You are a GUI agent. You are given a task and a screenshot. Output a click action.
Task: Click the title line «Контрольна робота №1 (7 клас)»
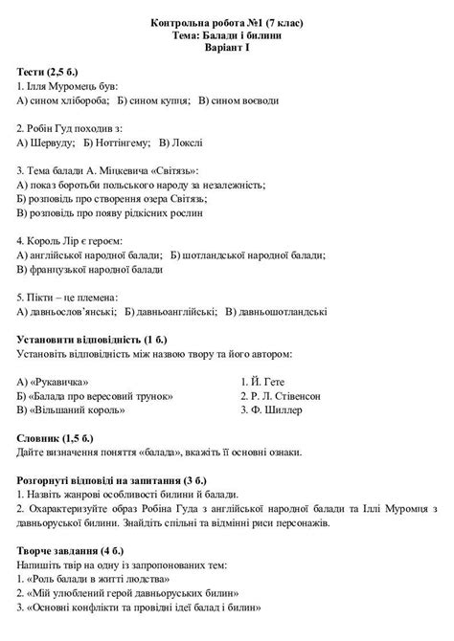click(226, 21)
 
